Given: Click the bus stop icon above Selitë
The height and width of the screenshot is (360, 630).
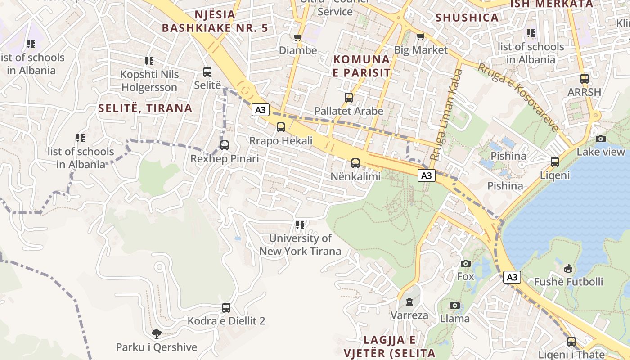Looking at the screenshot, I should tap(207, 72).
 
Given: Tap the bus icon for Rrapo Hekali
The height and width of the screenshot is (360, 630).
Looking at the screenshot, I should tap(281, 127).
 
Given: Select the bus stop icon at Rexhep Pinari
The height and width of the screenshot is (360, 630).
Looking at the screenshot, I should tap(225, 145).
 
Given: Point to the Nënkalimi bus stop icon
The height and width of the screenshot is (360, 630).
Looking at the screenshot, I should tap(355, 163).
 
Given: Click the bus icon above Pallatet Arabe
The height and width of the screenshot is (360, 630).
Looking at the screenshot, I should tap(349, 97).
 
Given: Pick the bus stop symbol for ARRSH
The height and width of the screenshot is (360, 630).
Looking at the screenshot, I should tap(585, 79).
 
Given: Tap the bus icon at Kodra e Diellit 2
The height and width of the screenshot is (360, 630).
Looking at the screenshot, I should tap(226, 308).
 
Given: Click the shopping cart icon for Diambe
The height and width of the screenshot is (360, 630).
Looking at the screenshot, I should tap(297, 37).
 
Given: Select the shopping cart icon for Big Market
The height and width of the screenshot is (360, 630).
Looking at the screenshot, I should tap(421, 36).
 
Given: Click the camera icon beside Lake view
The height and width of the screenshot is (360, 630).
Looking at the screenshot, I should tap(601, 139).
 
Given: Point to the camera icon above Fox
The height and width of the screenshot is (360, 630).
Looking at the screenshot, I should tap(466, 263).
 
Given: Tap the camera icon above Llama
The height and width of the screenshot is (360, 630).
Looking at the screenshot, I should tap(455, 306).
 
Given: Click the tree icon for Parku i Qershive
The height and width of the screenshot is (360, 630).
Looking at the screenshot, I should tap(157, 334).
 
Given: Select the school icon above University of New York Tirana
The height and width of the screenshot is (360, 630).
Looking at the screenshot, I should tap(300, 225).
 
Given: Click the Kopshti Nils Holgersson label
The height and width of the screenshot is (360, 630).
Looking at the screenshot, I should tap(149, 81).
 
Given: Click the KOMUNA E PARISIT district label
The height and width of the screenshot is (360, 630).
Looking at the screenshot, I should tap(361, 66).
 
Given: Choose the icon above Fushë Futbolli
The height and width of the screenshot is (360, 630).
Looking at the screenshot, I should tap(568, 269).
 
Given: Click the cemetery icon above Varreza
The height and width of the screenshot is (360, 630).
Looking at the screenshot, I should tap(409, 302).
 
